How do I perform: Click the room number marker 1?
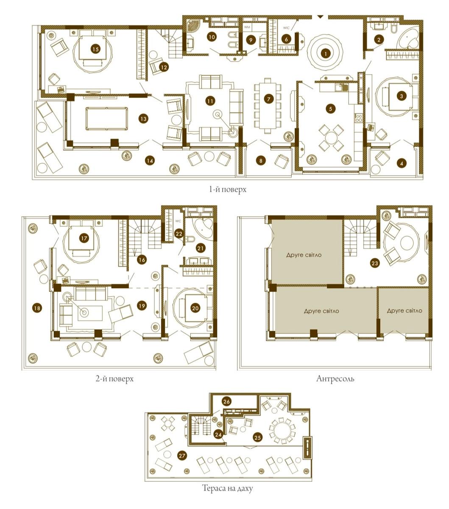326,53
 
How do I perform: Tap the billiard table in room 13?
106,119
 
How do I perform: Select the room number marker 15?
95,49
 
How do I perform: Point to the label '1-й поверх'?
228,190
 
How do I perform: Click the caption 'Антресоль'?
335,378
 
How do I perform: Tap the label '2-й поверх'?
114,379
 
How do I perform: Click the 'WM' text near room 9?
247,27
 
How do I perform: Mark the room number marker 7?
269,99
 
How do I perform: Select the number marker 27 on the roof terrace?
182,455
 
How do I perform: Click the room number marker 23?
375,263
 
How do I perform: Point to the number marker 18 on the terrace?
37,308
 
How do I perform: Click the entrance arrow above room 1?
320,17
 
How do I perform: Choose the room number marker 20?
195,308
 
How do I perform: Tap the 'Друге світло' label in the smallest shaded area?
404,310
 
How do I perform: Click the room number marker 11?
210,101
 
